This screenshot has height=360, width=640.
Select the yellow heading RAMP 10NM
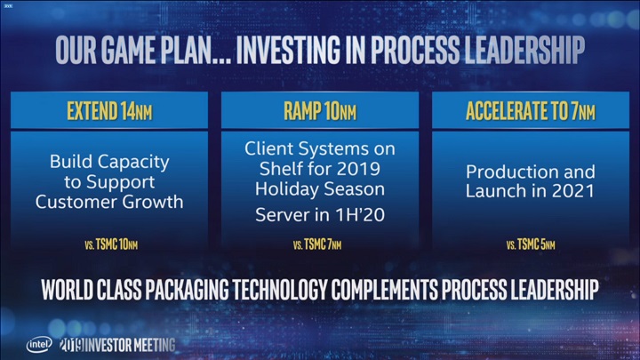coord(320,113)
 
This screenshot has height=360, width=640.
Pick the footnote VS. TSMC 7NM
coord(320,244)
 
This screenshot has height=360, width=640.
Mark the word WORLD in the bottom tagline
coord(71,291)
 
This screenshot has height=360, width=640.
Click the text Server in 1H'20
coord(320,214)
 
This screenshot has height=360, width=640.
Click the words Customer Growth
coord(110,202)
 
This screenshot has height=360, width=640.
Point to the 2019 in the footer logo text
coord(71,344)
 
